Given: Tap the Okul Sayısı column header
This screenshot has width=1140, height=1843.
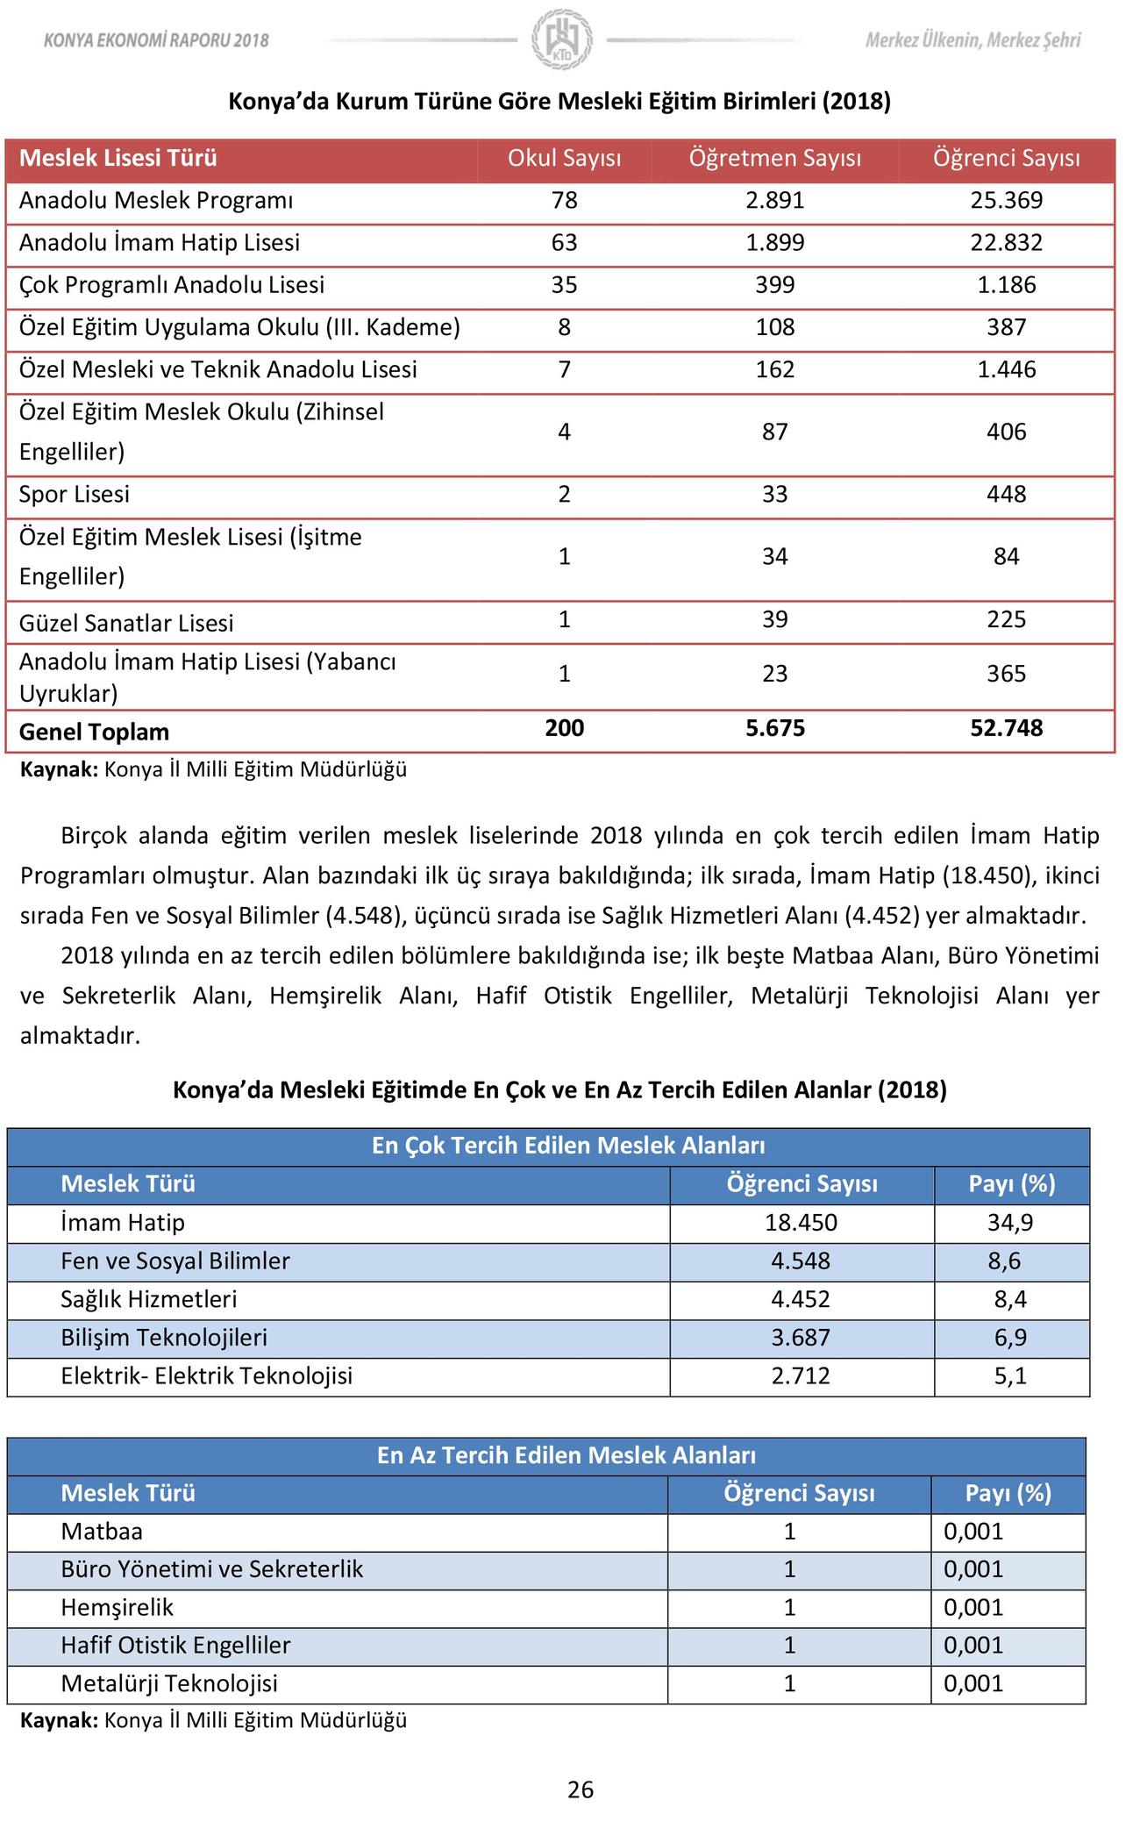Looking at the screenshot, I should pyautogui.click(x=564, y=159).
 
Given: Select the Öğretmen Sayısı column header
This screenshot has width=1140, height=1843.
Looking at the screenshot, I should pyautogui.click(x=774, y=159).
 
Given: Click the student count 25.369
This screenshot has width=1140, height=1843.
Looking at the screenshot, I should pyautogui.click(x=1006, y=201).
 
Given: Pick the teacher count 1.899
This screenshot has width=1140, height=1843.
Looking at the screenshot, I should pyautogui.click(x=774, y=243).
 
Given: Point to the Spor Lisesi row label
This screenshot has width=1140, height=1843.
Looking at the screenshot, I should pyautogui.click(x=75, y=495).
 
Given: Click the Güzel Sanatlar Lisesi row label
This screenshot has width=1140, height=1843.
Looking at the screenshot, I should pyautogui.click(x=126, y=624).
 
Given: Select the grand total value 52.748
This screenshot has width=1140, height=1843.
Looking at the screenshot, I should pyautogui.click(x=1006, y=729).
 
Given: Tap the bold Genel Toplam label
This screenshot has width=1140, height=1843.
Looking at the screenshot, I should pyautogui.click(x=94, y=732).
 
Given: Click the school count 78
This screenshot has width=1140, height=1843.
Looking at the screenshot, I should pyautogui.click(x=564, y=201).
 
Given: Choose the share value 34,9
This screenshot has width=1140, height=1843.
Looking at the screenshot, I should pyautogui.click(x=1010, y=1223).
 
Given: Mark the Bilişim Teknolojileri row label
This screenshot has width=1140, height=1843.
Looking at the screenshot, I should pyautogui.click(x=164, y=1338).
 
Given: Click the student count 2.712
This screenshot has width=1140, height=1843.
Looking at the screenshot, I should pyautogui.click(x=800, y=1375).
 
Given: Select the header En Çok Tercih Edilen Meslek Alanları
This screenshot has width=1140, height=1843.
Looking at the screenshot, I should pyautogui.click(x=568, y=1146).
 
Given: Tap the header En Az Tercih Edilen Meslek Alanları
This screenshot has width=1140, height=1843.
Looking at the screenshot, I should pyautogui.click(x=566, y=1455).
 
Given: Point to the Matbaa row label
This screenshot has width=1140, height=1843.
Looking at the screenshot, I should pyautogui.click(x=102, y=1532).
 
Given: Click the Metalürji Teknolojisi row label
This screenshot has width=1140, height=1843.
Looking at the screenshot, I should pyautogui.click(x=169, y=1683).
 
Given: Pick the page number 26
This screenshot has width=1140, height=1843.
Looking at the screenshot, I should pyautogui.click(x=581, y=1789).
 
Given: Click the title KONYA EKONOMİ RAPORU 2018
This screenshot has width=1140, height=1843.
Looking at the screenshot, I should pyautogui.click(x=156, y=40).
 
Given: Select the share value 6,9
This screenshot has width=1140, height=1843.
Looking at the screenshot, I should pyautogui.click(x=1010, y=1338).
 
